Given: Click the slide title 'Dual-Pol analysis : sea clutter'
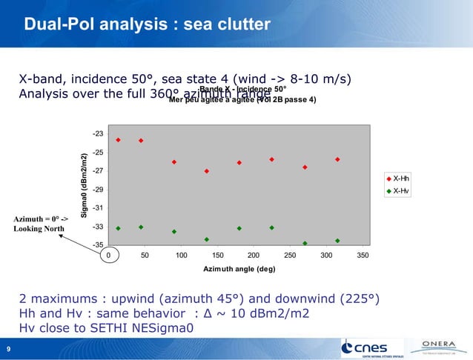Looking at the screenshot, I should [147, 25].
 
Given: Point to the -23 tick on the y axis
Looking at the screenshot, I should [98, 134].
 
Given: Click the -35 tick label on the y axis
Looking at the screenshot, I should [98, 244].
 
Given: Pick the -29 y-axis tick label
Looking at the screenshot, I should [98, 190].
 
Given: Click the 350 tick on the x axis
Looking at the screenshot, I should [362, 255].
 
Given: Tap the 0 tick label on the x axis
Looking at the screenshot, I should [109, 255].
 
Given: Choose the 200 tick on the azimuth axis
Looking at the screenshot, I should [254, 255].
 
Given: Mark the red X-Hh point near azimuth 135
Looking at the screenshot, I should [207, 171].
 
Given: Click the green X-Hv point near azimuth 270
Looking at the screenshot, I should [305, 243].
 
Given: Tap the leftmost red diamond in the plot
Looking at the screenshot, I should [119, 139].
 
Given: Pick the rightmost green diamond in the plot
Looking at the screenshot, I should [337, 241].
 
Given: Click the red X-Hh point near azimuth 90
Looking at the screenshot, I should [174, 162].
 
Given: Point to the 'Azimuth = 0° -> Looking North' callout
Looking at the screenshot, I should [41, 224].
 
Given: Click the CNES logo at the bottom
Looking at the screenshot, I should [371, 347].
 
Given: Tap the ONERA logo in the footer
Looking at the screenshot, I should [442, 346].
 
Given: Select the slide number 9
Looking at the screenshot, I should [8, 350].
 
